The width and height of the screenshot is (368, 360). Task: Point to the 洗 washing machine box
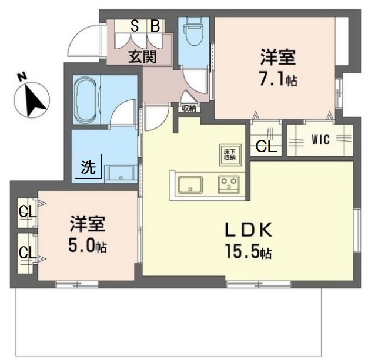[x=88, y=166]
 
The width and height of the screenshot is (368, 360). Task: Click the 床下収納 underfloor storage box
[x=229, y=153]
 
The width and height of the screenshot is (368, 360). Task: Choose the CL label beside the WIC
[x=265, y=147]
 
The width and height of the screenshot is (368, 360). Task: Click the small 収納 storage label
[x=188, y=107]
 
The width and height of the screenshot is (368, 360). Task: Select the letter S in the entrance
[x=135, y=26]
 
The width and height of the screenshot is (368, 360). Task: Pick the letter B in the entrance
[x=155, y=26]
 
